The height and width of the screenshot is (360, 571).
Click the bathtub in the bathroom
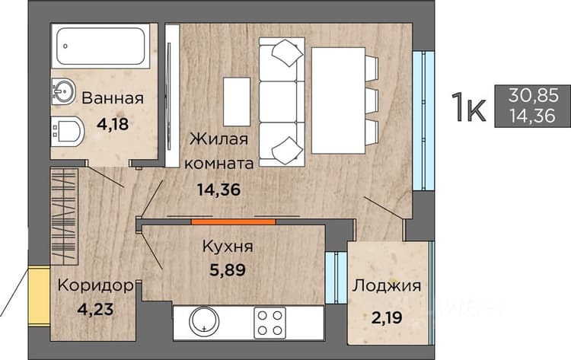100,46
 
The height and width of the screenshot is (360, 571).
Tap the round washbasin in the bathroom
63,92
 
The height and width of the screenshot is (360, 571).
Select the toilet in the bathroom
68,132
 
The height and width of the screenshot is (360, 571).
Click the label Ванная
113,98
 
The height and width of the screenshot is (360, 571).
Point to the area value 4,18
113,124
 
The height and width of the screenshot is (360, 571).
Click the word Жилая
219,139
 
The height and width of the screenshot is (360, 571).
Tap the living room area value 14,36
219,190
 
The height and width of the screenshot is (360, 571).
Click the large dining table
338,100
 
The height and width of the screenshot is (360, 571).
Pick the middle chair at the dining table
372,101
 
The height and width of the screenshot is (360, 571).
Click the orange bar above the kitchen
234,221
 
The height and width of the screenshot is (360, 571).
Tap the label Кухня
228,247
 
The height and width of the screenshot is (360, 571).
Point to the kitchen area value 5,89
228,269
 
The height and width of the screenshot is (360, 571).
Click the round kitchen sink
204,322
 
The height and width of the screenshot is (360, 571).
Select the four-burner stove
270,323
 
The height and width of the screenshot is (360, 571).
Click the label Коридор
96,285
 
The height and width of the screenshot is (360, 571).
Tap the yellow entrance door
39,296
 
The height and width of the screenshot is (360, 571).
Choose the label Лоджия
386,285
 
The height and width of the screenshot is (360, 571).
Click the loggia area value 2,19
387,318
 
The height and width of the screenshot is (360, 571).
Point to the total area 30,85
534,96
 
